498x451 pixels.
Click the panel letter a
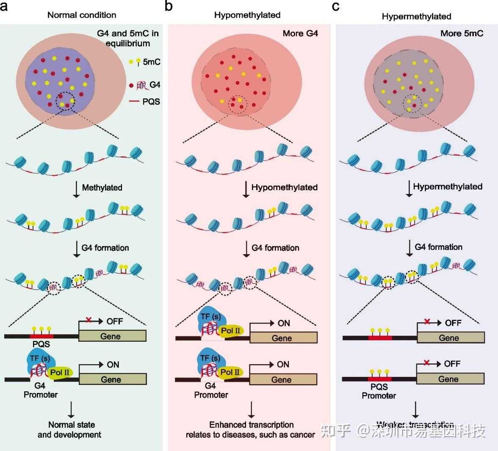click(x=5, y=7)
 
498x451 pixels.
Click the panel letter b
click(x=169, y=7)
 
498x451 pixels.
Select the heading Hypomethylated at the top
click(x=247, y=15)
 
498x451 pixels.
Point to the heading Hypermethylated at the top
click(x=416, y=17)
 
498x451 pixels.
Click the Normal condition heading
click(x=82, y=15)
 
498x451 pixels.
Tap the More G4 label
click(x=300, y=33)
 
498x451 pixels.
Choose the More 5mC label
click(x=462, y=33)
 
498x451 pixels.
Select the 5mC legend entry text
click(x=152, y=62)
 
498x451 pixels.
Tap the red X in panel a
click(x=89, y=320)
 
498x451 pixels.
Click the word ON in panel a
click(x=113, y=365)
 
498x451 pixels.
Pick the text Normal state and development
click(x=69, y=429)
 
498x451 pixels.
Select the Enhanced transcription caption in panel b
click(x=250, y=429)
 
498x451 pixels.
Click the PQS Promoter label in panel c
click(x=379, y=391)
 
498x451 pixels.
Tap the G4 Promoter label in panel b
click(x=211, y=390)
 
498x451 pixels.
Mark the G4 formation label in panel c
click(x=438, y=247)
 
